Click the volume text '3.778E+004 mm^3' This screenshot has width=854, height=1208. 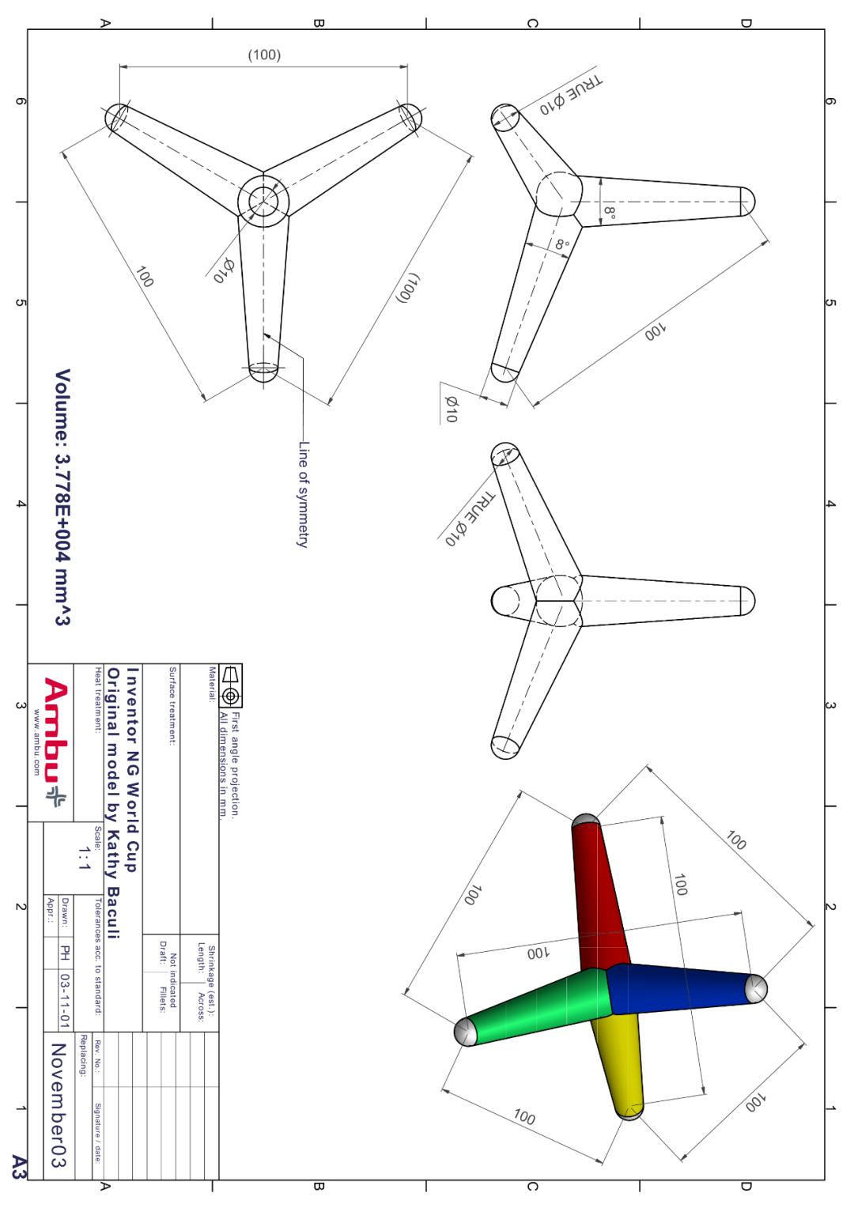(x=62, y=539)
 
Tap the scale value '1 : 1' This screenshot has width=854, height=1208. (x=84, y=858)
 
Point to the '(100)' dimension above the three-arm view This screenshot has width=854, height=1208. (x=264, y=55)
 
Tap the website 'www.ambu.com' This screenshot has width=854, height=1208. (x=36, y=742)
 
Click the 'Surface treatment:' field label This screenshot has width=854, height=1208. (x=172, y=706)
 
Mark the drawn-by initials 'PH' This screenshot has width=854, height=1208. (x=65, y=953)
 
